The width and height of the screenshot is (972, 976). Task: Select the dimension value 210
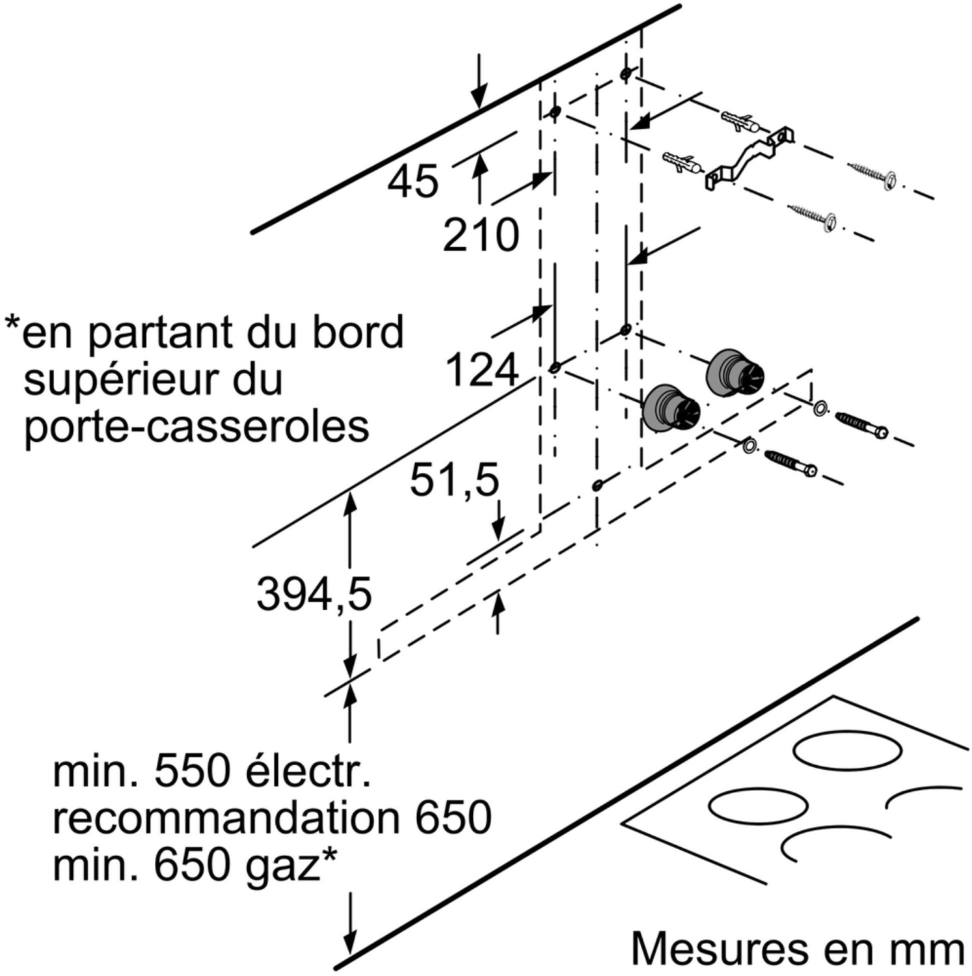click(481, 235)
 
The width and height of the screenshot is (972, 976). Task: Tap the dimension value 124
click(482, 370)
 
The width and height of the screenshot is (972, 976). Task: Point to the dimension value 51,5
click(454, 481)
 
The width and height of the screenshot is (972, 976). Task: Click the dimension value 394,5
click(314, 595)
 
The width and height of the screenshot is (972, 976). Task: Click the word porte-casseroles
click(196, 426)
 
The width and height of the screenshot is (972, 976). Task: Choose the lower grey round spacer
click(671, 407)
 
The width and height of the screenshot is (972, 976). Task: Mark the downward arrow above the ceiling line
click(479, 81)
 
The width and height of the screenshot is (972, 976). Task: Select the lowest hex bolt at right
click(790, 462)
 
